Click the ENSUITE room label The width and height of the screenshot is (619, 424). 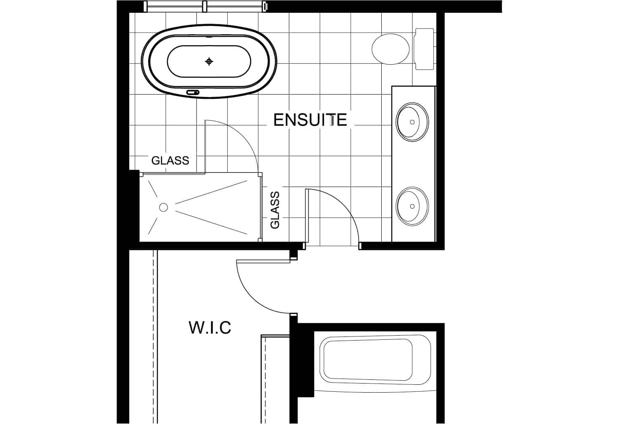point(310,120)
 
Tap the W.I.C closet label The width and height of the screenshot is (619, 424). point(210,327)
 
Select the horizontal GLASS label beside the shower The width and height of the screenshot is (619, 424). point(170,160)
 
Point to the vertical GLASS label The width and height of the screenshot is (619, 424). point(275,210)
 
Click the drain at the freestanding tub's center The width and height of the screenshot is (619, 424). point(209,62)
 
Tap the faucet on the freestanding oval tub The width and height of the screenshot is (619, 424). point(193,92)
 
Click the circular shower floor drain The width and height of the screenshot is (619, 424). point(163,207)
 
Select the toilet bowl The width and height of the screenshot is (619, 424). point(390,49)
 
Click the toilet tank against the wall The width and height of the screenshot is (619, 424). point(424,49)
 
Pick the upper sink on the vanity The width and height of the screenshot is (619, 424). point(412,122)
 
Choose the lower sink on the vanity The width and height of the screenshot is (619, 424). point(412,206)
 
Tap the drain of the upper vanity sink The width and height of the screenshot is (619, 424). point(412,122)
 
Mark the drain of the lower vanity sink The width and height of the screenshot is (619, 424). point(412,206)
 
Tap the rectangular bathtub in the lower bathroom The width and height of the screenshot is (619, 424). point(375,360)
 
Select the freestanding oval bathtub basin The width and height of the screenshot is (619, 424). point(209,62)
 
